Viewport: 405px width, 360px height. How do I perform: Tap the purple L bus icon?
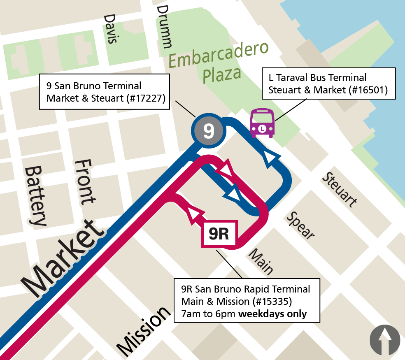(x=262, y=123)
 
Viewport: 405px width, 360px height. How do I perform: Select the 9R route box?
(x=219, y=234)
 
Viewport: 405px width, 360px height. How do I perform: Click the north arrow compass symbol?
(x=385, y=340)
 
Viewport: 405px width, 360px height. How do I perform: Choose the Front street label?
(x=84, y=181)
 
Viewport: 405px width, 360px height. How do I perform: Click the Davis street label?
(x=111, y=29)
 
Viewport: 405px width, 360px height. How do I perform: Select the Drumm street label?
(x=164, y=26)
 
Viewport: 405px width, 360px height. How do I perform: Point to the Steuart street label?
(x=340, y=189)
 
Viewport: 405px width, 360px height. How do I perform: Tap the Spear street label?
(x=301, y=225)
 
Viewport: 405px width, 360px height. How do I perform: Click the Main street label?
(x=261, y=261)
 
